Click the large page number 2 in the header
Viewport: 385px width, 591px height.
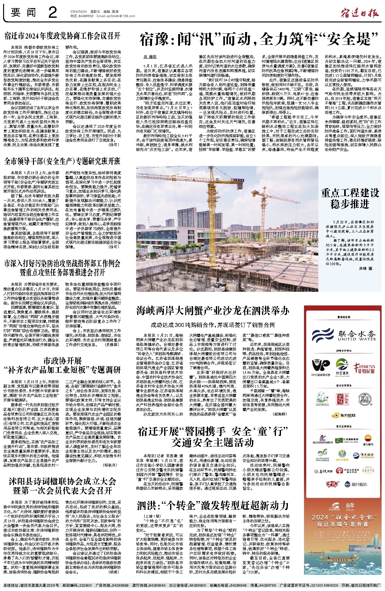53,13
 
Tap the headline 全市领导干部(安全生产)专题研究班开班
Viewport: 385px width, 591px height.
62,161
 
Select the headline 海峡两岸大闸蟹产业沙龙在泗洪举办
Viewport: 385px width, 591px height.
213,310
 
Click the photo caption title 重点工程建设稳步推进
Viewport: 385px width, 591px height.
350,198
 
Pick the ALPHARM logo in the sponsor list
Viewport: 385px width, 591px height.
322,456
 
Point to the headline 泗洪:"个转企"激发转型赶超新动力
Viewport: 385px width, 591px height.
213,506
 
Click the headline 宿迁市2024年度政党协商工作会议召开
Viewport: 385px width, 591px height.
62,36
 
